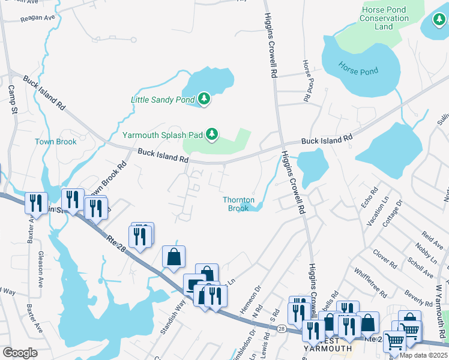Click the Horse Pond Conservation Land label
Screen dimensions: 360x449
384,18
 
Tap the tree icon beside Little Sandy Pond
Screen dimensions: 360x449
204,98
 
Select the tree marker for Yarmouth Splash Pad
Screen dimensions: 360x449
211,135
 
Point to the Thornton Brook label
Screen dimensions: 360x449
239,204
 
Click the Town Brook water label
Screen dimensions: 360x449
56,142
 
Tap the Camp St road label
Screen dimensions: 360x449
12,99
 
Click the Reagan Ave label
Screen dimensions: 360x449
38,19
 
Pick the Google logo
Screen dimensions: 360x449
20,353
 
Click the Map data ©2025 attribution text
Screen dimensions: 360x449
423,355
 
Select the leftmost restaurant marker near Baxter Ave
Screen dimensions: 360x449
35,203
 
